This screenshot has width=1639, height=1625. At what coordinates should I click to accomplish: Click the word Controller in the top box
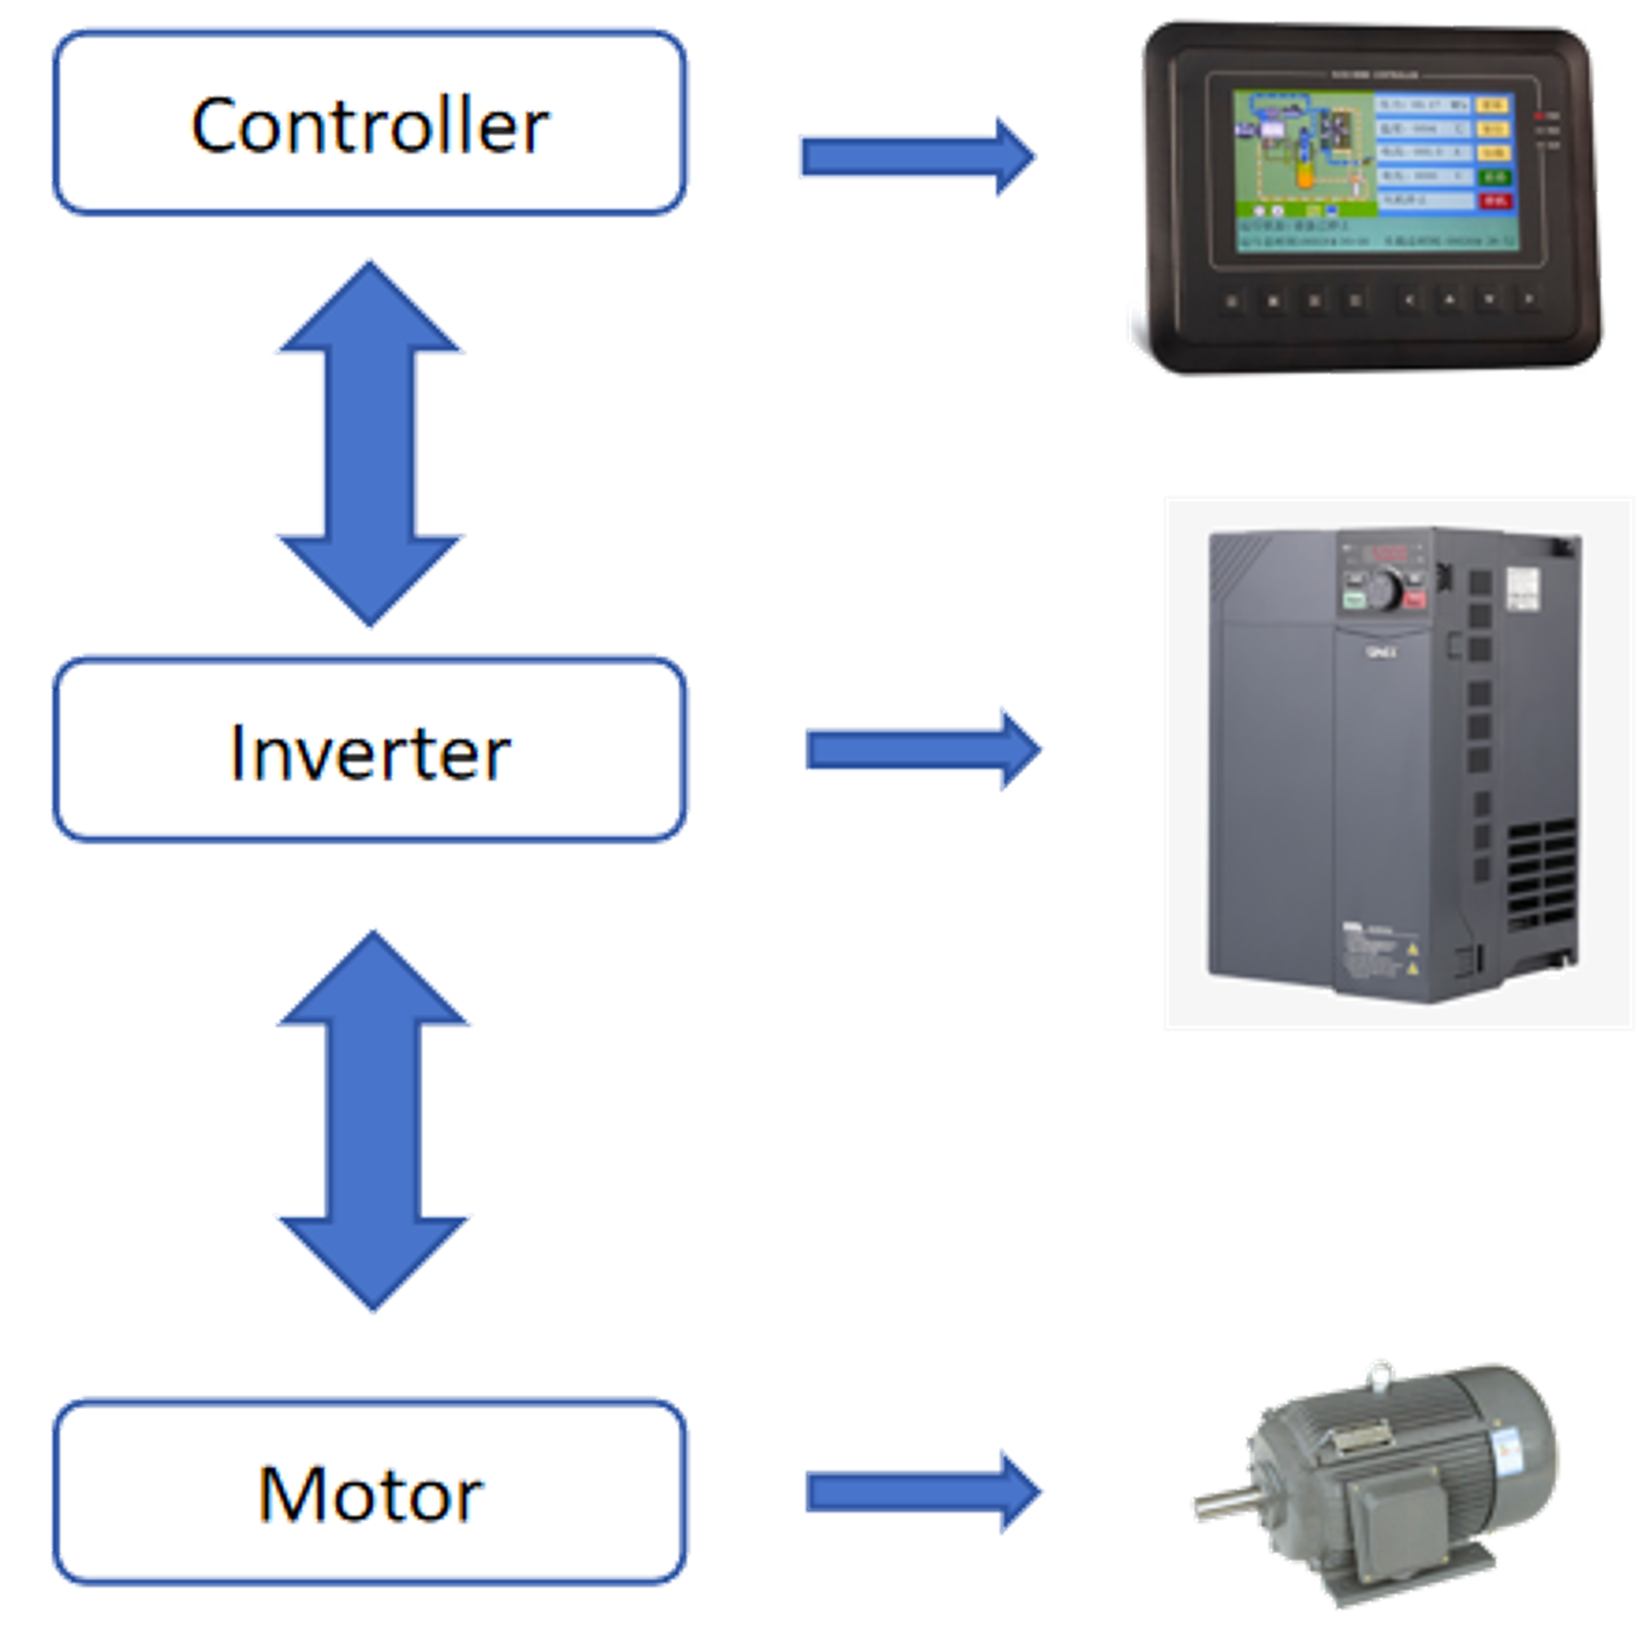point(369,124)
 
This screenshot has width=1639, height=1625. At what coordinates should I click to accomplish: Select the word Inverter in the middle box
point(369,751)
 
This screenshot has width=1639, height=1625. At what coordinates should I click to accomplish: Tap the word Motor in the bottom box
point(372,1493)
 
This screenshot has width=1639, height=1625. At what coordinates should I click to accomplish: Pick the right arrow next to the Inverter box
point(924,749)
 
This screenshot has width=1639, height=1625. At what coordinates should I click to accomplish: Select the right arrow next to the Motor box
point(924,1492)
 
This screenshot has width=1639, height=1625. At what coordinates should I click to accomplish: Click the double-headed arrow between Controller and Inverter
point(369,444)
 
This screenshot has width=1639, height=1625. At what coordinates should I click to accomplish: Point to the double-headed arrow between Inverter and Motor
point(373,1120)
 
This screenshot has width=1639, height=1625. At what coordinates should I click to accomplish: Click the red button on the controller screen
point(1494,202)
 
